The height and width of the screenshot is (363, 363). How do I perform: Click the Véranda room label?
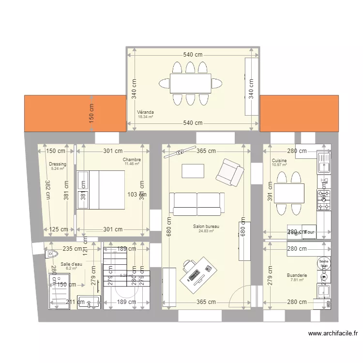[x=145, y=112]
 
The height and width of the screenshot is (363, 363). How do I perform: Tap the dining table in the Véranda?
[x=190, y=83]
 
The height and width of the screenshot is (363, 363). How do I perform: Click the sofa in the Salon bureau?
[x=197, y=204]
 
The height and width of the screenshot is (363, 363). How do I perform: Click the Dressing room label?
[x=57, y=164]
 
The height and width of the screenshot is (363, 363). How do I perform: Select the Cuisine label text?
[x=279, y=161]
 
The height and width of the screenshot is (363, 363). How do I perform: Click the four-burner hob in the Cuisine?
[x=323, y=199]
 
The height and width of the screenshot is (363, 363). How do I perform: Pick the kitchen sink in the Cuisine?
[x=323, y=162]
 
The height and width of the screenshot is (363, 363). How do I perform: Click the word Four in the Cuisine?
[x=309, y=232]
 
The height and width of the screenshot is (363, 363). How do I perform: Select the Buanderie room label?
[x=296, y=275]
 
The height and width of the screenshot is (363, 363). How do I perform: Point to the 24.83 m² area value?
[x=206, y=231]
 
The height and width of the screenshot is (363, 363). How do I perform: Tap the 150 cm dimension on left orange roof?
[x=91, y=113]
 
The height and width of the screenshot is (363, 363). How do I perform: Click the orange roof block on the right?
[x=299, y=113]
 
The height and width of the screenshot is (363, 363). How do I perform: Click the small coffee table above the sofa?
[x=192, y=171]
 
